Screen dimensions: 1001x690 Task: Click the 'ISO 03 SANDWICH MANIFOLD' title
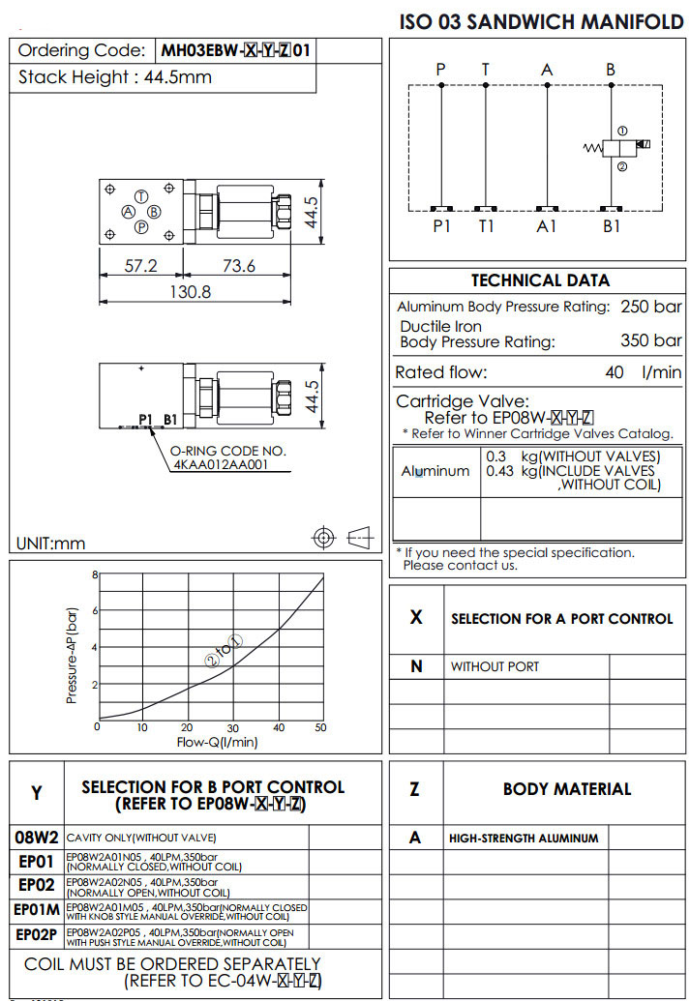pos(541,21)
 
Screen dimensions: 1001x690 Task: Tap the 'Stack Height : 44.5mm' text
pos(115,77)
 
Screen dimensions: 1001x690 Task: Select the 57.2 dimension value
pos(140,266)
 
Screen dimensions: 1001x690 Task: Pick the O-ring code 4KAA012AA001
pos(232,465)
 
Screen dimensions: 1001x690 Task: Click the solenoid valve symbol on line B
pos(614,148)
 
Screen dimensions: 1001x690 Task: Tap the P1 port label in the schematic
pos(441,226)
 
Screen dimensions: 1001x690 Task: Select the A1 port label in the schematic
pos(548,226)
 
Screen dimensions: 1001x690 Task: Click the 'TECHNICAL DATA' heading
pos(540,280)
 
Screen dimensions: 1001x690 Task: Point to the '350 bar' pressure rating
pos(650,340)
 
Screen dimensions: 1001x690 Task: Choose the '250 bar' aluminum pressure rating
pos(650,307)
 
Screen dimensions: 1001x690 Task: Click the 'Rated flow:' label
pos(441,372)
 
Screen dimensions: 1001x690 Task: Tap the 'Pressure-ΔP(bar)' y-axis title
pos(72,655)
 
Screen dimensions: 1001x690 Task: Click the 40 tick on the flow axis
pos(278,728)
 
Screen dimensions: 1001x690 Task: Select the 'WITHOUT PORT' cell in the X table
pos(495,666)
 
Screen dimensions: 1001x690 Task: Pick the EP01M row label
pos(37,910)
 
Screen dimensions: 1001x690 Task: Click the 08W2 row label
pos(37,837)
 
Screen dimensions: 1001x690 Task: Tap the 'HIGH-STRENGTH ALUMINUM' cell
pos(524,838)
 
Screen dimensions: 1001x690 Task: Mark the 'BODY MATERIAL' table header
pos(566,789)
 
